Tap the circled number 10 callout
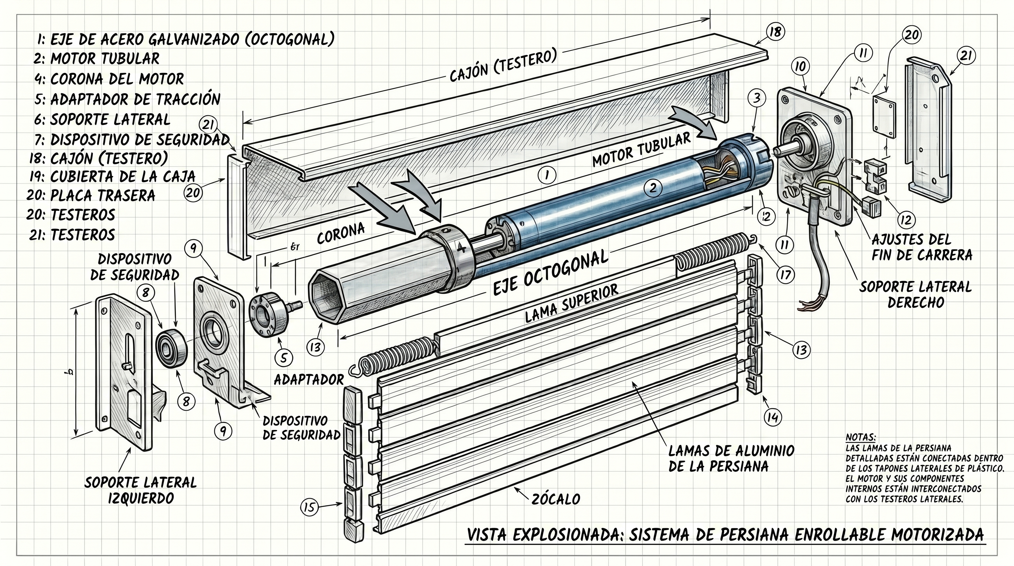point(800,67)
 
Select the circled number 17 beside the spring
point(785,275)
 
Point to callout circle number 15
point(310,507)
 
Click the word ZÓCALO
point(555,499)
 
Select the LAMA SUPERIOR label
point(571,304)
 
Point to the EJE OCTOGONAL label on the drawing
point(550,272)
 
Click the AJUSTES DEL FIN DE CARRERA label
point(922,247)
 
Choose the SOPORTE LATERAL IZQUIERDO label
point(140,490)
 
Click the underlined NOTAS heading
point(860,437)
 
